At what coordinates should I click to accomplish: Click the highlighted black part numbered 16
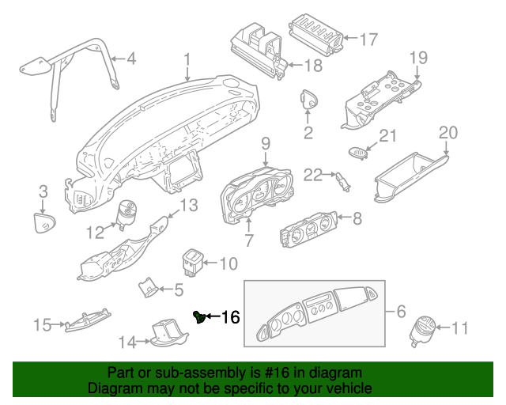coord(200,317)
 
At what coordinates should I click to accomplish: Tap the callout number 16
coord(230,317)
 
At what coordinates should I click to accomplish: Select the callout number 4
coord(131,59)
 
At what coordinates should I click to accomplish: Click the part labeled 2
coord(309,99)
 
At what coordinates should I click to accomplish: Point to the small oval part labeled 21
coord(357,153)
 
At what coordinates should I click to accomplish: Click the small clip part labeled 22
coord(343,181)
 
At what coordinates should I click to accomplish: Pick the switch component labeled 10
coord(192,263)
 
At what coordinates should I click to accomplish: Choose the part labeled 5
coord(148,287)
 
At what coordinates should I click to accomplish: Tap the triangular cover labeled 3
coord(44,222)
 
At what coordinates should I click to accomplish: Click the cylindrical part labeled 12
coord(127,214)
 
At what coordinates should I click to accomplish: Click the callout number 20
coord(448,133)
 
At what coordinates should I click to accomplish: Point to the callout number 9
coord(266,143)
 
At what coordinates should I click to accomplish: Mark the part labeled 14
coord(168,333)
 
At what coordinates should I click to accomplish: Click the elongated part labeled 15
coord(88,320)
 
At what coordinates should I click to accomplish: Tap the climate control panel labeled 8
coord(309,229)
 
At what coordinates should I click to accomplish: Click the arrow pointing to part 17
coord(350,38)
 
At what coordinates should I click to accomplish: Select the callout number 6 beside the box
coord(401,312)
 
